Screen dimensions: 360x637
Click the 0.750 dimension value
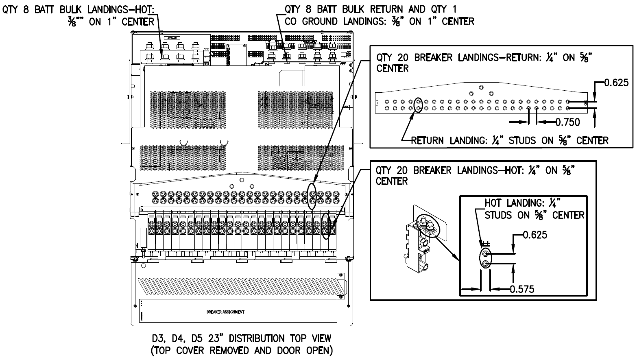click(x=568, y=122)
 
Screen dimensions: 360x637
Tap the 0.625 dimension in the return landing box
click(x=616, y=83)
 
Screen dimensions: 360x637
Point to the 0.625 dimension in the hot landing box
click(x=535, y=235)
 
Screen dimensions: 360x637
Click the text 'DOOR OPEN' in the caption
click(x=309, y=350)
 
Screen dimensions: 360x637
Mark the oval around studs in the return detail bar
click(x=418, y=105)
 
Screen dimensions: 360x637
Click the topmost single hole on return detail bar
click(x=481, y=87)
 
